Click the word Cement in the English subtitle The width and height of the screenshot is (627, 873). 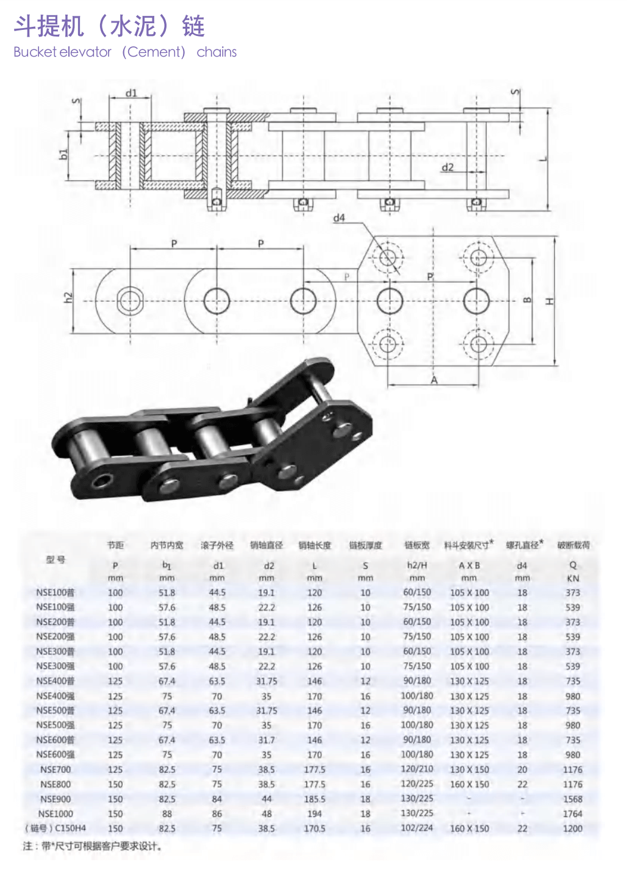click(x=154, y=52)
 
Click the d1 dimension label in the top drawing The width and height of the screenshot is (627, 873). click(x=131, y=93)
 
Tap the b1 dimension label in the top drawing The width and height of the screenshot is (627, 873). click(x=63, y=154)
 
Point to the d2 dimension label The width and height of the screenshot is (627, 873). click(x=448, y=167)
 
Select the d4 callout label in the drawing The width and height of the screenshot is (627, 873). click(x=339, y=218)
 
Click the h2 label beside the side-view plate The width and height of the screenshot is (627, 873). click(x=68, y=298)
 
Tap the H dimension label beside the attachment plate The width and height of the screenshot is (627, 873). click(x=550, y=301)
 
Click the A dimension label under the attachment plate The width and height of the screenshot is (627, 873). click(x=434, y=380)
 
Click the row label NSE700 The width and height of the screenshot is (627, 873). click(x=56, y=769)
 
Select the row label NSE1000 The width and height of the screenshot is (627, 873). click(x=56, y=814)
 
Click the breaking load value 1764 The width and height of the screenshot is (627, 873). click(x=572, y=814)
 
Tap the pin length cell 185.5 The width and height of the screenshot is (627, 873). click(x=315, y=799)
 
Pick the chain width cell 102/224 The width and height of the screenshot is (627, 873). click(x=417, y=828)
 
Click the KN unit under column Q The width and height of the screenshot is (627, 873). click(x=573, y=578)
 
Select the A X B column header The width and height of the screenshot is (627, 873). click(x=469, y=565)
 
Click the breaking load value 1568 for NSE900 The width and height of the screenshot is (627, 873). click(x=572, y=799)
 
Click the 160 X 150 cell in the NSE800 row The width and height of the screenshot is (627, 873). click(x=469, y=785)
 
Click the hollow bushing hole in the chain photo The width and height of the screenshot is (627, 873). click(x=99, y=482)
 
